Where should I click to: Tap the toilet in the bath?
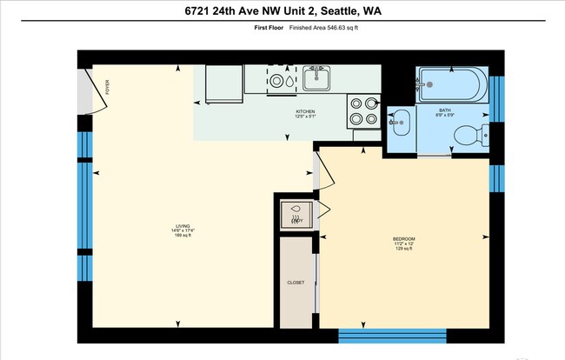pos(470,136)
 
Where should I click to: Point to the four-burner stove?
pos(363,110)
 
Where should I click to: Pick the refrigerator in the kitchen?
pos(224,84)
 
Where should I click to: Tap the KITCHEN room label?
pos(305,111)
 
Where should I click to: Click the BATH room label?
pos(445,111)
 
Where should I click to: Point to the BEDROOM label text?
pos(403,238)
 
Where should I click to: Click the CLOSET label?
pos(296,283)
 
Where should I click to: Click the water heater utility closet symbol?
pos(296,213)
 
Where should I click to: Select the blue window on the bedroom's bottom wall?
pos(391,335)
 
